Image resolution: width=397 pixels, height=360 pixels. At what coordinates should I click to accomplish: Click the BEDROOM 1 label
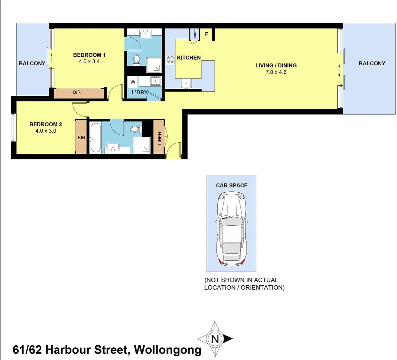tap(89, 55)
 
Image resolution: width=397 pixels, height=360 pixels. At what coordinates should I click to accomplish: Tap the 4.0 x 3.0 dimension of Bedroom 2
tap(46, 131)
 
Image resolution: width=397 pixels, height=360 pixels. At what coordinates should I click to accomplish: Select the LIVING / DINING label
tap(276, 65)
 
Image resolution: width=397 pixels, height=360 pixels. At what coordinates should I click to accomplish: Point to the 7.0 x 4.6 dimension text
tap(276, 72)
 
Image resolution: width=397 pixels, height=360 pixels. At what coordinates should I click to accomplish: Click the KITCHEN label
tap(189, 58)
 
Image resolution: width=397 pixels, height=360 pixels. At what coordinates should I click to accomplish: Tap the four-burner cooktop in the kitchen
tap(170, 60)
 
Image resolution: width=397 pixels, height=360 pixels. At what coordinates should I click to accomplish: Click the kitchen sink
tap(187, 83)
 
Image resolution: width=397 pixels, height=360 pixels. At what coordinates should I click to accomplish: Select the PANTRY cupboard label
tap(195, 34)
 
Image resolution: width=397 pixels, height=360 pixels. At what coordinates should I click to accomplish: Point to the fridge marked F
tap(206, 34)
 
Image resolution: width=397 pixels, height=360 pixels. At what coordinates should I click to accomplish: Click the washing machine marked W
tap(133, 82)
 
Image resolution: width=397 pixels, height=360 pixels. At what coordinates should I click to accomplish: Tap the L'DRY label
tap(140, 92)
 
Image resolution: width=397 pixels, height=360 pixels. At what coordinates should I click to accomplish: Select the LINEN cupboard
tap(159, 138)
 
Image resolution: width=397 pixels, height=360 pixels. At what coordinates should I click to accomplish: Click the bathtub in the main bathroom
tap(95, 138)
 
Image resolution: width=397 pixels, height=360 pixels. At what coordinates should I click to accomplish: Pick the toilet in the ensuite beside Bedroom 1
tap(136, 60)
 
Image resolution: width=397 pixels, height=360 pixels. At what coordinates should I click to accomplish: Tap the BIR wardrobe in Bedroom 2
tap(81, 137)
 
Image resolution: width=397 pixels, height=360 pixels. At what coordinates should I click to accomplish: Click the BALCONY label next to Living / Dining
tap(372, 63)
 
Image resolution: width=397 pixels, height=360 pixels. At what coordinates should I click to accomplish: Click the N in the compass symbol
tap(215, 339)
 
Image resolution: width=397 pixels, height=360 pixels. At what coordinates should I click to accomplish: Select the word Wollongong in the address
tap(168, 350)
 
